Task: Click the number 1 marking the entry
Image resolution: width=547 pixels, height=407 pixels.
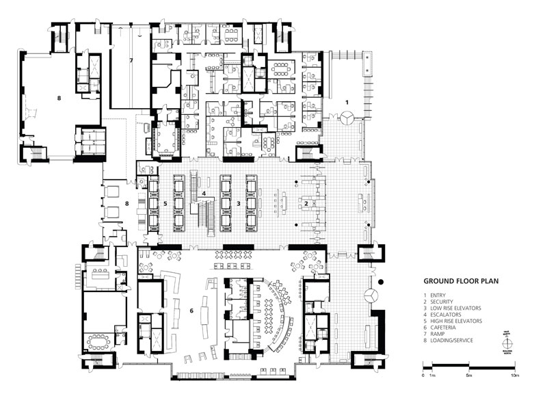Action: click(347, 101)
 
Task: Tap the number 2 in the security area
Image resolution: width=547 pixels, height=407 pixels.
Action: click(306, 203)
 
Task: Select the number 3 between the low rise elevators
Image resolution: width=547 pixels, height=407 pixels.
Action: click(238, 203)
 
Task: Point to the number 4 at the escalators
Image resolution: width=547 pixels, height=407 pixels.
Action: click(204, 194)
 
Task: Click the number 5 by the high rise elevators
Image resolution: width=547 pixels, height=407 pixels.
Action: click(165, 203)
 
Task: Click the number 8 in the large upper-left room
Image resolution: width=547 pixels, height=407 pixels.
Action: click(59, 99)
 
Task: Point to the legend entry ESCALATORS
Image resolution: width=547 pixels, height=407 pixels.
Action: click(452, 313)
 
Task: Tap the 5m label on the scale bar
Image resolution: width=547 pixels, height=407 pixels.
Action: click(468, 377)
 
